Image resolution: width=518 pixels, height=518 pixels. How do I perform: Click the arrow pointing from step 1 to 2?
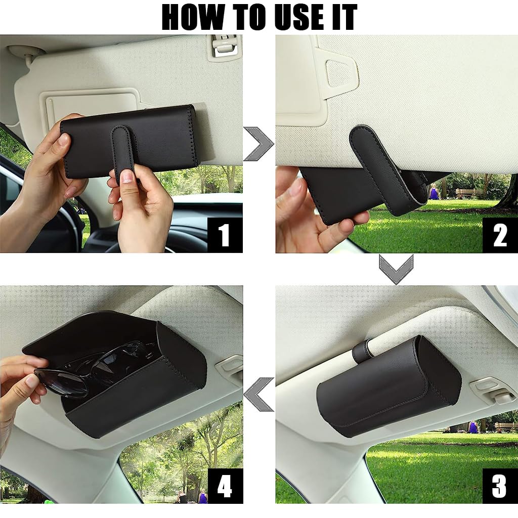point(258,144)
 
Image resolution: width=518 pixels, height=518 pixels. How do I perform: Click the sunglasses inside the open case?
point(96,367)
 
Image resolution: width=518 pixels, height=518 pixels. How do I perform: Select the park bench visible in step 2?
point(468,193)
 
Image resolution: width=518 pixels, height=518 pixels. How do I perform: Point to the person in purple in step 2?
point(434,192)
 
